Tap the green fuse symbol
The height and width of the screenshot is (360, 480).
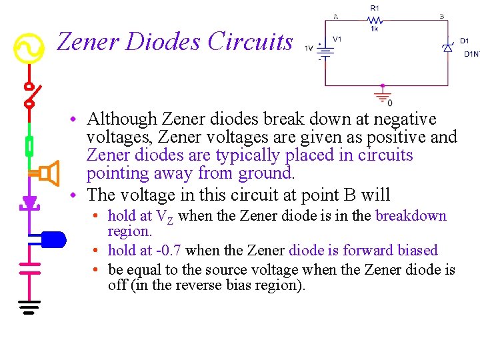coord(29,145)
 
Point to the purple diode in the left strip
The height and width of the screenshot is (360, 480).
coord(29,201)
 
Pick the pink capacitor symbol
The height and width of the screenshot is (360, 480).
coord(29,267)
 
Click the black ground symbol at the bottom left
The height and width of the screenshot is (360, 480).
coord(29,306)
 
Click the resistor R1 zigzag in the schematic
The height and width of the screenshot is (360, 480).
coord(375,20)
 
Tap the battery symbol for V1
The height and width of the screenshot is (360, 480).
coord(325,51)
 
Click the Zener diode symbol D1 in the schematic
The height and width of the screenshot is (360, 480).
coord(448,47)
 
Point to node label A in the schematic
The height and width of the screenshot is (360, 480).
coord(335,16)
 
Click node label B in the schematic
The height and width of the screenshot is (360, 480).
coord(441,16)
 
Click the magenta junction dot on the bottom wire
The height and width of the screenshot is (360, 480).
coord(383,86)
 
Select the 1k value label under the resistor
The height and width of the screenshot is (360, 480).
coord(375,29)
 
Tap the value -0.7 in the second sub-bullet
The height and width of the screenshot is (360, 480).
coord(169,251)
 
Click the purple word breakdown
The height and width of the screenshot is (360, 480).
coord(411,216)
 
